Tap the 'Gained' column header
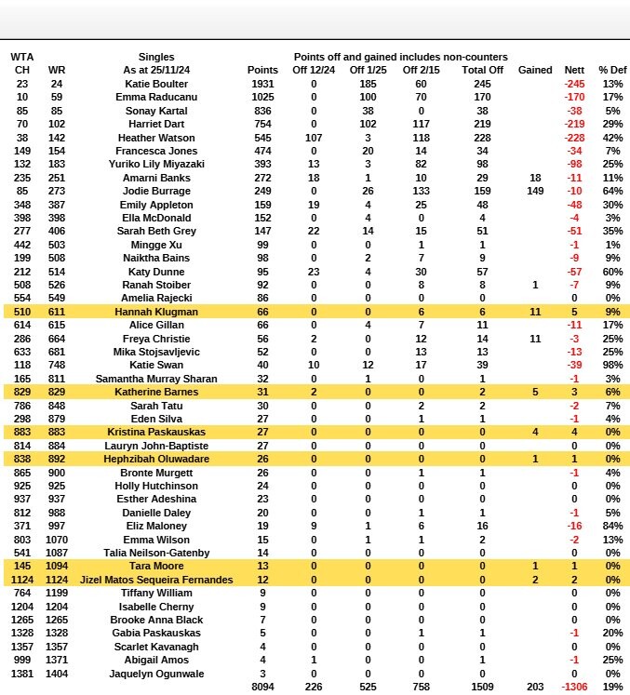click(x=535, y=70)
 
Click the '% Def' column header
click(x=612, y=70)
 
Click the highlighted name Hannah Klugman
click(x=155, y=312)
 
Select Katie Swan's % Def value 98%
click(x=612, y=366)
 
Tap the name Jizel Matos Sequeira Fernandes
click(x=155, y=580)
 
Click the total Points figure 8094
click(x=263, y=687)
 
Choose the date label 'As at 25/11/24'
click(x=155, y=70)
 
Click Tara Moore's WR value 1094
click(x=57, y=566)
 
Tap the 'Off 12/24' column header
click(x=313, y=70)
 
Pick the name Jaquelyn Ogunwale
click(x=155, y=673)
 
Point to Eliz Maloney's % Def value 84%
click(x=612, y=526)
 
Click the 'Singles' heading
click(x=155, y=57)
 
